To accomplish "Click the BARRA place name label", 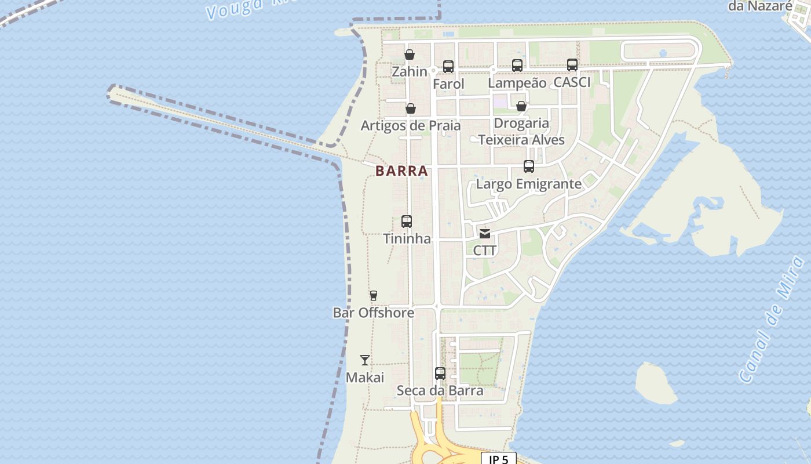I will coord(402,171).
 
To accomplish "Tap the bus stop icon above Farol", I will coord(448,67).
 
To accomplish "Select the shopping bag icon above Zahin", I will coord(410,55).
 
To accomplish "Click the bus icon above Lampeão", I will coord(517,66).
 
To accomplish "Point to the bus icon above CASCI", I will coord(572,65).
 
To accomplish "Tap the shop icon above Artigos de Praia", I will coord(410,108).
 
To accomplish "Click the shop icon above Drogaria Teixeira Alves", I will coord(521,106).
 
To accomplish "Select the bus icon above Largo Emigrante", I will coord(529,166).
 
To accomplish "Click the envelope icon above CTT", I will coord(485,234).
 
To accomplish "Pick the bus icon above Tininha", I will coord(407,222).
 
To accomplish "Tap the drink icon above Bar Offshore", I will coord(374,296).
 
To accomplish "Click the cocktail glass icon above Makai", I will coord(364,360).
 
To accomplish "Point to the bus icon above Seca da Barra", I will coord(440,374).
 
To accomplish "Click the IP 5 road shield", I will coord(498,459).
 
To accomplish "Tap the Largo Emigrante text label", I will coord(528,184).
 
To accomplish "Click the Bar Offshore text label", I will coord(374,313).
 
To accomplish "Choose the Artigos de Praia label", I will coord(411,126).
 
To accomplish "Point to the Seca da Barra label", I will coord(440,391).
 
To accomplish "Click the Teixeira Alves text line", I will coord(521,140).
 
